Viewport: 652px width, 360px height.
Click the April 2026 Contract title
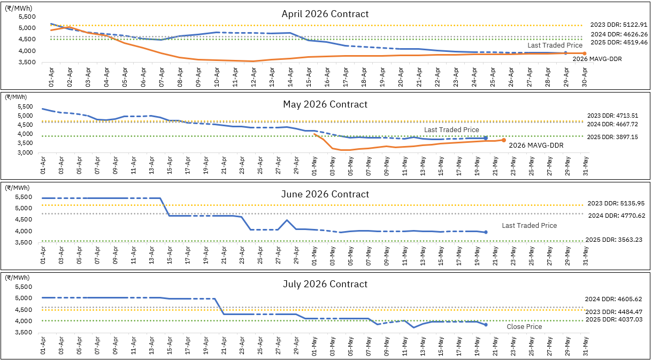click(x=325, y=14)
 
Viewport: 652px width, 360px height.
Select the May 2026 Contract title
click(x=325, y=104)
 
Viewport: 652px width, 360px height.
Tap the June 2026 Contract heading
click(x=325, y=194)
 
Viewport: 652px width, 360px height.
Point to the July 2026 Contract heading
click(x=325, y=284)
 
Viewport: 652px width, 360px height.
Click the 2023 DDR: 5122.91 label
click(x=618, y=25)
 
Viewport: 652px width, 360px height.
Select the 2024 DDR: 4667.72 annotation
click(x=612, y=124)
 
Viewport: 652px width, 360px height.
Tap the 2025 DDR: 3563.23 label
click(x=614, y=240)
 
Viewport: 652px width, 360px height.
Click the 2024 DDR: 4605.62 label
click(x=613, y=299)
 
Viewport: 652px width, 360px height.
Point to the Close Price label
click(x=524, y=327)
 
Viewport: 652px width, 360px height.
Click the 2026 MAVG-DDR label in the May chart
click(x=536, y=145)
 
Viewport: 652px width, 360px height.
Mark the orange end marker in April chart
click(x=584, y=53)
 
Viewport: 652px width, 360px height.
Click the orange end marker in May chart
click(x=503, y=140)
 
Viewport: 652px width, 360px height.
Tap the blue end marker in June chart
click(x=486, y=232)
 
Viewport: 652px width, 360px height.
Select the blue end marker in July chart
click(x=486, y=325)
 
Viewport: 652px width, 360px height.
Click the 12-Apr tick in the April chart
click(x=254, y=77)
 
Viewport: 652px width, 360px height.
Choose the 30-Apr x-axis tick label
click(x=584, y=77)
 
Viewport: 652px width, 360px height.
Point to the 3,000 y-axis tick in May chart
click(x=25, y=153)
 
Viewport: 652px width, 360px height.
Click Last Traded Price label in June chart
click(x=529, y=226)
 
